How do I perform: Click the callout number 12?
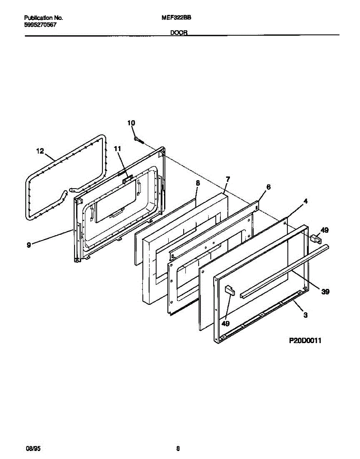click(x=40, y=151)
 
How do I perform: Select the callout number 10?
click(x=131, y=123)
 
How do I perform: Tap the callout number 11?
click(x=117, y=148)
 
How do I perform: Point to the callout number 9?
click(x=29, y=245)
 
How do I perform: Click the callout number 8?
click(x=197, y=183)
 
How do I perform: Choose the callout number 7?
click(x=228, y=179)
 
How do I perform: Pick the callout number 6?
click(x=268, y=187)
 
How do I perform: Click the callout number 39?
click(x=325, y=292)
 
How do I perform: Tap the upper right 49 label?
click(x=324, y=230)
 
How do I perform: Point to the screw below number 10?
click(x=138, y=140)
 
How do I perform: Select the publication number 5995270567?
click(x=41, y=24)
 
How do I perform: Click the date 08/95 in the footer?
click(x=30, y=448)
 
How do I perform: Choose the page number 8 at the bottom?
click(x=178, y=448)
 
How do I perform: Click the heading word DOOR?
click(x=179, y=33)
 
